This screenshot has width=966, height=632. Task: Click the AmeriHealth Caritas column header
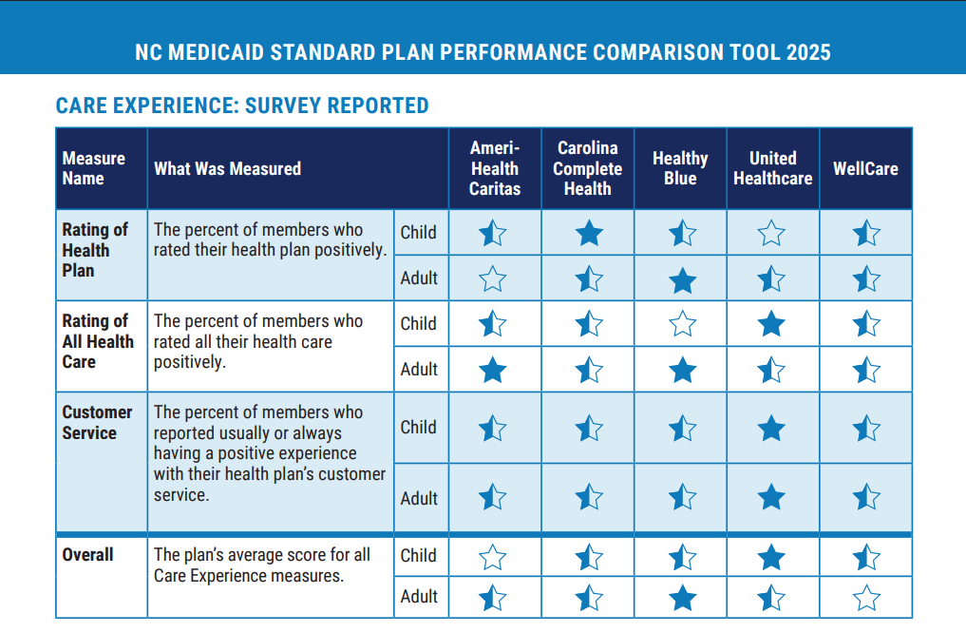coord(495,168)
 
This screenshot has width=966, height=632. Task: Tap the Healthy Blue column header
coord(680,168)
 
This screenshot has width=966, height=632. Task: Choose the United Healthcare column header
coord(772,168)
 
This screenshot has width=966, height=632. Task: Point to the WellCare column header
coord(865,168)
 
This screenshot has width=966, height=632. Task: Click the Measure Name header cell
coord(93,168)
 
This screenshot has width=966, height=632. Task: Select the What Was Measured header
coord(227,168)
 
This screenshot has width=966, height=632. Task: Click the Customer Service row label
coord(97,422)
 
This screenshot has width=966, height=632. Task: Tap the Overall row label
coord(87,554)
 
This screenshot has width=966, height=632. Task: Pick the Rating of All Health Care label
coord(97,341)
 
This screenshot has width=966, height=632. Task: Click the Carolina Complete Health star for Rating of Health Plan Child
coord(589,233)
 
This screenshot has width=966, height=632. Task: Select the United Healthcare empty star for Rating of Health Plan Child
coord(772,233)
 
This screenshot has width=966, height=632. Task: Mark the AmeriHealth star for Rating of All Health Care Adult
coord(493,370)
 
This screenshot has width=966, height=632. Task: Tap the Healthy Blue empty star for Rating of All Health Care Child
coord(682,324)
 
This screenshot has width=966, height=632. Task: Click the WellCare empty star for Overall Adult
coord(866,598)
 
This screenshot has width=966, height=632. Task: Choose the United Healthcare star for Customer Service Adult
coord(772,497)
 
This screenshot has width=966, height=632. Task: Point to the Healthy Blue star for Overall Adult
coord(682,598)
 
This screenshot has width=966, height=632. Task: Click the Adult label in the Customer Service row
coord(419,498)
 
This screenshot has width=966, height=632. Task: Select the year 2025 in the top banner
coord(807,52)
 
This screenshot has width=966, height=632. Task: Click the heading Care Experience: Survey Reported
coord(242,105)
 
